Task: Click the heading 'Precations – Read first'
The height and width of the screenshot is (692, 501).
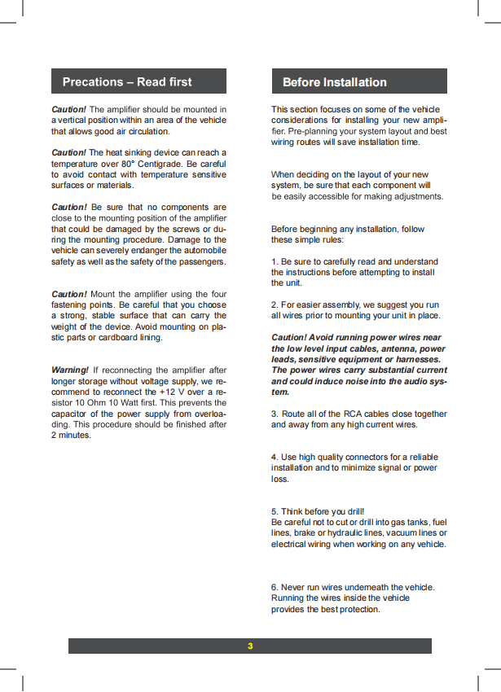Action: click(x=127, y=81)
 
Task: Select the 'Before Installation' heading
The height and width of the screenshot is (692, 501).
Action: click(x=334, y=81)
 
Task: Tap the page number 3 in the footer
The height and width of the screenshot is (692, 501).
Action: click(x=250, y=646)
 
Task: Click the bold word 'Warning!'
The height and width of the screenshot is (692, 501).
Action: click(x=69, y=370)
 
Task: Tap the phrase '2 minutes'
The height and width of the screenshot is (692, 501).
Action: click(x=70, y=435)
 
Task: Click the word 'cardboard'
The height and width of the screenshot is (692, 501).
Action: click(x=117, y=337)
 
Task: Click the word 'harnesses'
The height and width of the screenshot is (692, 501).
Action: click(x=416, y=359)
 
